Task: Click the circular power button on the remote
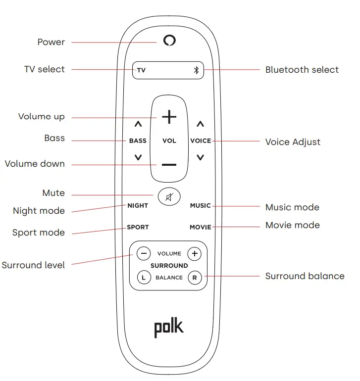[x=169, y=41]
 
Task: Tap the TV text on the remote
[x=141, y=70]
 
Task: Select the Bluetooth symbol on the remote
[x=196, y=70]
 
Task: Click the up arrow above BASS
[x=138, y=124]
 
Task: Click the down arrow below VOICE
[x=200, y=157]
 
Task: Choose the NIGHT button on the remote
[x=138, y=205]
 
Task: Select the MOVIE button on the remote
[x=200, y=227]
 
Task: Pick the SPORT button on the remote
[x=138, y=227]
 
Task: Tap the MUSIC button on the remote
[x=200, y=205]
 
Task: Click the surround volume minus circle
[x=144, y=253]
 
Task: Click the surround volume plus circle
[x=195, y=253]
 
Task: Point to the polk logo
[x=169, y=327]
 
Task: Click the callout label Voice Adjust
[x=293, y=142]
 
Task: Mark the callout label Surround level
[x=33, y=265]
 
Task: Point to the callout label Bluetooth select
[x=302, y=70]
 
